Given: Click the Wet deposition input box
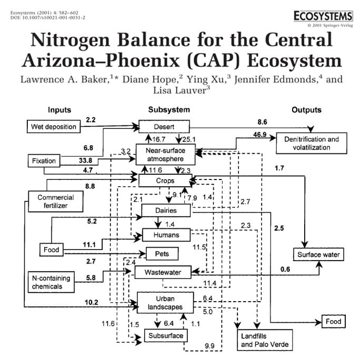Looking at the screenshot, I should (53, 127).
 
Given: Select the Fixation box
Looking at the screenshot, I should (44, 161).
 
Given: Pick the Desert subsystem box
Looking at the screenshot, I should (164, 127).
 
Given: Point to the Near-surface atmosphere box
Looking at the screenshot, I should (166, 154).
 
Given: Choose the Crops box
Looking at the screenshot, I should (165, 181).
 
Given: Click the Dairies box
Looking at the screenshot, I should (165, 211).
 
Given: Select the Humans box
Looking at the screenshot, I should (165, 235).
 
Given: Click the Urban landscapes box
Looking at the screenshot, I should (165, 303).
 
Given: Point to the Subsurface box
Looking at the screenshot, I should (165, 335).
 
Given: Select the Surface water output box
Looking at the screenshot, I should (318, 255).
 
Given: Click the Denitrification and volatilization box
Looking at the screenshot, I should (312, 143).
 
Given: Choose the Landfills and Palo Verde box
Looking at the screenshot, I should (265, 340).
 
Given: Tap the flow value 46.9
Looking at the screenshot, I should (259, 134).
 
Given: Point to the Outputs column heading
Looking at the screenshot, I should (306, 110).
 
